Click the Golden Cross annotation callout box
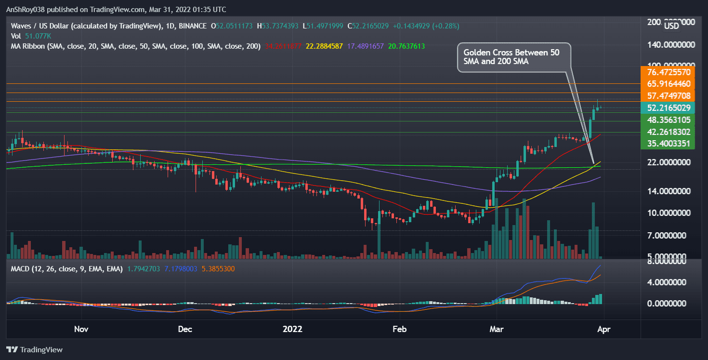(x=514, y=57)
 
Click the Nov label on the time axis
(x=81, y=330)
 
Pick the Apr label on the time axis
(x=603, y=330)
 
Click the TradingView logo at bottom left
(x=34, y=350)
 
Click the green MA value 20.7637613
(x=402, y=46)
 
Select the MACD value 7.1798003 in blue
(x=181, y=268)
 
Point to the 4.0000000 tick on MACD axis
(x=667, y=282)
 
